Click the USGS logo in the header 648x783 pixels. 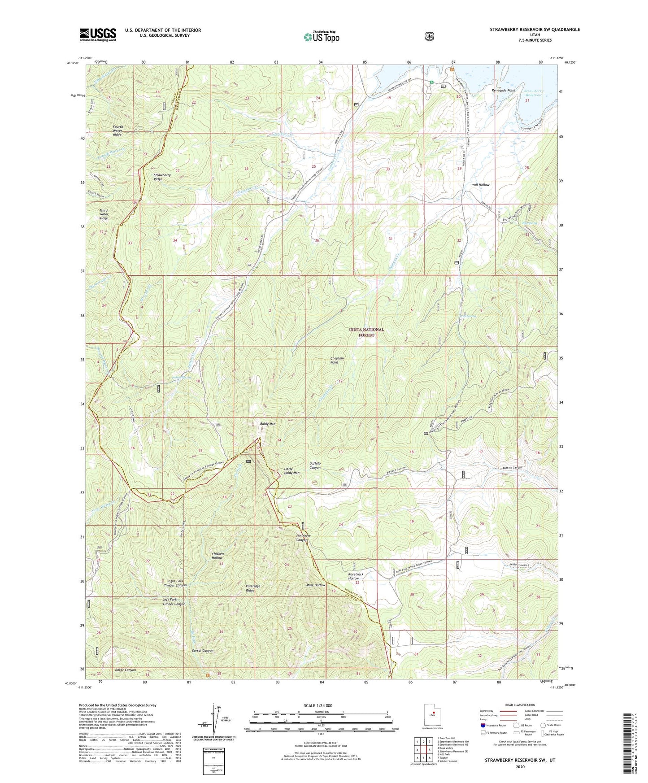[98, 35]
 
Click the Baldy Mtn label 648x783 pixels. [268, 423]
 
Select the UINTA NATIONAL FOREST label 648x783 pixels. [366, 332]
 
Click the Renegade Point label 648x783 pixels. [503, 90]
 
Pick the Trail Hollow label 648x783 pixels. [480, 185]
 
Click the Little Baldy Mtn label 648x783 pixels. [292, 471]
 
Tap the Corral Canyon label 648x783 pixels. [202, 650]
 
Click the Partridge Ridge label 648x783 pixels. [253, 588]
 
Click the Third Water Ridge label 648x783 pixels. [104, 214]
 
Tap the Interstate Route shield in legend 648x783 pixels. [483, 725]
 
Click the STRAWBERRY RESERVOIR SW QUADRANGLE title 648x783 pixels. [535, 30]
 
